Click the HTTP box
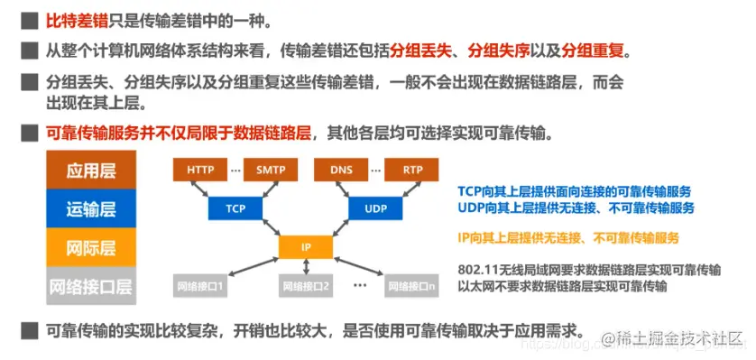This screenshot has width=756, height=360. pos(200,169)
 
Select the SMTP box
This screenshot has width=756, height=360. pos(270,169)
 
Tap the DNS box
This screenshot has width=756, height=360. pos(342,169)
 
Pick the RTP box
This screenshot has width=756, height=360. pos(412,169)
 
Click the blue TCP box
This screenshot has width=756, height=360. pos(235,208)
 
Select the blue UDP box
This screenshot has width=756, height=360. pos(376,208)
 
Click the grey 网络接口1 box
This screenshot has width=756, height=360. pos(200,287)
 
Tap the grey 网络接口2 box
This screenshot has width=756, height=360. pos(306,287)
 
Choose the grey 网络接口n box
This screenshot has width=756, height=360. pos(413,287)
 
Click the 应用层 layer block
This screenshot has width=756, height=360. pos(91,171)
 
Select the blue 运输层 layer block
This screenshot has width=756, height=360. pos(91,209)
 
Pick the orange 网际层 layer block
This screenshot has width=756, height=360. pos(91,247)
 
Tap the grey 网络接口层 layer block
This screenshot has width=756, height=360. pos(91,287)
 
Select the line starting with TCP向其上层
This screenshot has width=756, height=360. pos(575,191)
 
